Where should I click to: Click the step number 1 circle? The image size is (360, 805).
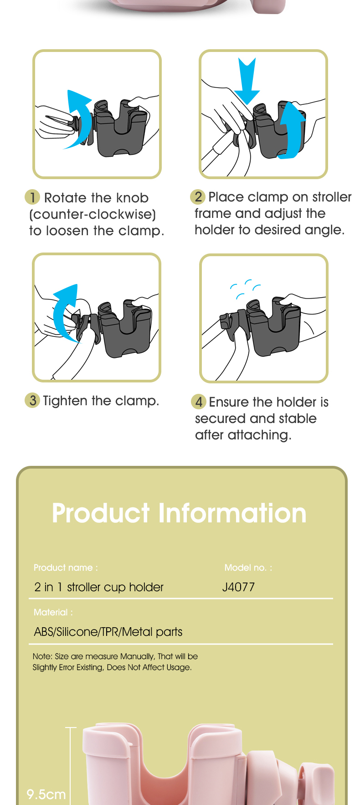(x=32, y=197)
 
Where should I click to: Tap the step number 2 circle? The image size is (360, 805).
(x=198, y=197)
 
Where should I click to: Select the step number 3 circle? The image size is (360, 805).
(x=32, y=401)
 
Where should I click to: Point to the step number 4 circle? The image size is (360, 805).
(x=199, y=402)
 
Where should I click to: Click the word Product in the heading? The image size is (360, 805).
(x=101, y=513)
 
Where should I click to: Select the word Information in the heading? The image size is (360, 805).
(x=232, y=513)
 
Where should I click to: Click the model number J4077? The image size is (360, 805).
(x=238, y=587)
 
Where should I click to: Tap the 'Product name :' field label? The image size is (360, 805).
(x=66, y=568)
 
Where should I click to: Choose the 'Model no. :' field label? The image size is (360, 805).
(x=248, y=568)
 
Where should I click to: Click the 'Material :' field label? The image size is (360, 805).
(x=53, y=612)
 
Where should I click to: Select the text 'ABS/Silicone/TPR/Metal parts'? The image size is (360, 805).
(x=108, y=632)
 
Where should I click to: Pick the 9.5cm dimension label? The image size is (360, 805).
(x=46, y=795)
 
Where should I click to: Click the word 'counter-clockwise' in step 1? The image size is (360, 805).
(x=93, y=214)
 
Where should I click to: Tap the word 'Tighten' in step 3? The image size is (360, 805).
(x=65, y=401)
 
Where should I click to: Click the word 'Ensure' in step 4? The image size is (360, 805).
(x=229, y=402)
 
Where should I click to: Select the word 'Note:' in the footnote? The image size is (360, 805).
(x=42, y=656)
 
